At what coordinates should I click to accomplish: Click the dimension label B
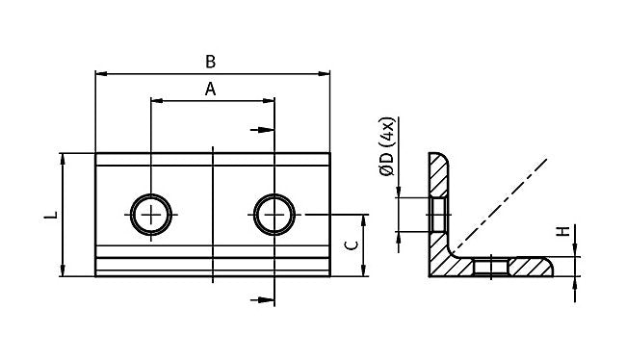point(210,62)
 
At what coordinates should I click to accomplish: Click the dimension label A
point(210,89)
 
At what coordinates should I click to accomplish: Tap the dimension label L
point(51,215)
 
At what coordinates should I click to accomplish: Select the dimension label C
point(352,245)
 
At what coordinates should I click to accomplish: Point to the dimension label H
point(563,231)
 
